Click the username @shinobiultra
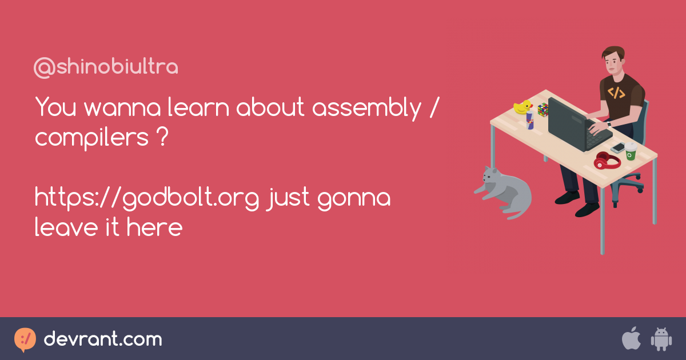coord(106,67)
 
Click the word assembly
coord(367,108)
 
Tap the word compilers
coord(92,138)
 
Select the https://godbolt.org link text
coord(147,198)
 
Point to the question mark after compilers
coord(164,136)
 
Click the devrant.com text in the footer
coord(103,339)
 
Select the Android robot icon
coord(661,339)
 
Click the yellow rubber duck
coord(523,107)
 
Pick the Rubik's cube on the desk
coord(543,110)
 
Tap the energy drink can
coord(530,120)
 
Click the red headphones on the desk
coord(607,161)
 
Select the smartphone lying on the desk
coord(618,148)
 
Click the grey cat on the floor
coord(504,192)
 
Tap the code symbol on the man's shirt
coord(616,93)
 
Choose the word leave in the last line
coord(66,227)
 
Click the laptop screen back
coord(567,124)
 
